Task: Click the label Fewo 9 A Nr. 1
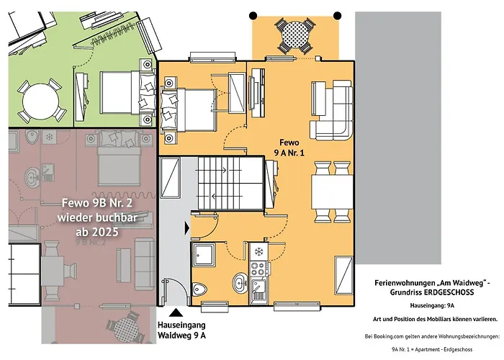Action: point(289,148)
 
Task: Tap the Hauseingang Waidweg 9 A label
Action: point(181,330)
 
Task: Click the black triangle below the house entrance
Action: point(176,312)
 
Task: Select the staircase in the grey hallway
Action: point(230,183)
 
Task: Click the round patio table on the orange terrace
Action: point(295,35)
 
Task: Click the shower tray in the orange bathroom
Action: point(204,255)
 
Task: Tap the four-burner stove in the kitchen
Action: point(259,269)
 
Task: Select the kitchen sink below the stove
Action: point(258,291)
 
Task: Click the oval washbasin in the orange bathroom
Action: point(240,283)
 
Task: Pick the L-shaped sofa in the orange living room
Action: point(332,110)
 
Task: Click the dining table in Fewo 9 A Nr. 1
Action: point(332,192)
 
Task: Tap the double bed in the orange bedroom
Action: point(189,110)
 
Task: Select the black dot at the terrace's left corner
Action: point(253,15)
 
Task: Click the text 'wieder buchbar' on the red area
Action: point(97,217)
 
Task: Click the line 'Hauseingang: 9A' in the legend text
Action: point(432,306)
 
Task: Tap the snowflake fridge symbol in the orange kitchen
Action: point(258,252)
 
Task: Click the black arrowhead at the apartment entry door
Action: point(187,228)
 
